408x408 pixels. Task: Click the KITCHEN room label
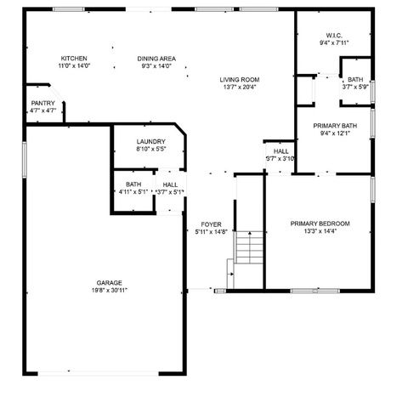pyautogui.click(x=74, y=59)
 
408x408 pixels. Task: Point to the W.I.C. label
pyautogui.click(x=334, y=36)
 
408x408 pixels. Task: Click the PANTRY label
pyautogui.click(x=42, y=103)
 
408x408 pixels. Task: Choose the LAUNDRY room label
pyautogui.click(x=150, y=142)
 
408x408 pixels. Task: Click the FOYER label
pyautogui.click(x=211, y=224)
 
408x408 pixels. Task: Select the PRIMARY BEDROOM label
pyautogui.click(x=320, y=224)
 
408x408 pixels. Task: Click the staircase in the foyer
pyautogui.click(x=249, y=248)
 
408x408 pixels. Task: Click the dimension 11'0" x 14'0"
pyautogui.click(x=74, y=66)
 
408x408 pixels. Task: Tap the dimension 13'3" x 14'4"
pyautogui.click(x=320, y=231)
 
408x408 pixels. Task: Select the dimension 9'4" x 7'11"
pyautogui.click(x=334, y=43)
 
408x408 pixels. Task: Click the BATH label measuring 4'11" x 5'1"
pyautogui.click(x=133, y=184)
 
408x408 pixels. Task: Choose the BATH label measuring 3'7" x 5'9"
pyautogui.click(x=354, y=79)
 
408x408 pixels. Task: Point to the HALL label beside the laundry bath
pyautogui.click(x=170, y=184)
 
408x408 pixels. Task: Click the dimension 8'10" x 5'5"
pyautogui.click(x=150, y=150)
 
